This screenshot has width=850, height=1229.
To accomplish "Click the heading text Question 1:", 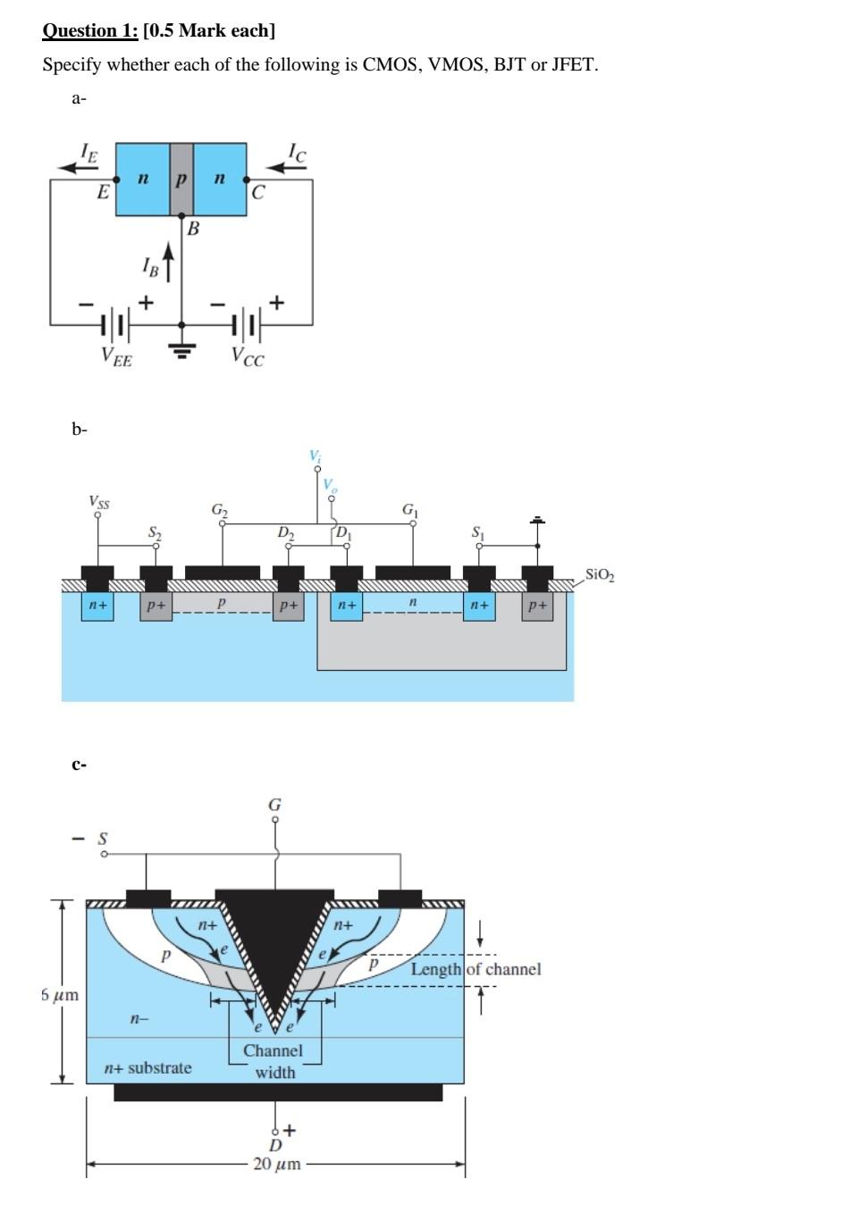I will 90,31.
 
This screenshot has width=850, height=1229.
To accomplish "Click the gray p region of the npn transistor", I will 181,179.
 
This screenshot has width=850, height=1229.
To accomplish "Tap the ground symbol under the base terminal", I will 182,350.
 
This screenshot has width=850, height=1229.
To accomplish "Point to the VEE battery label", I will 116,358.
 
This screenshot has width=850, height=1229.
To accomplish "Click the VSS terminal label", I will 99,503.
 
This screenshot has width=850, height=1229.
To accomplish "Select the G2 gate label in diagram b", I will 220,509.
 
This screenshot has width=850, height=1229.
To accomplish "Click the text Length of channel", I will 475,969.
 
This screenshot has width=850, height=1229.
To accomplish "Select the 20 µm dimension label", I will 276,1164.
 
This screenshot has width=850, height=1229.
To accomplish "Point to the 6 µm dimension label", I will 60,994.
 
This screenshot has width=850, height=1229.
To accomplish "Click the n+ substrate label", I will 147,1068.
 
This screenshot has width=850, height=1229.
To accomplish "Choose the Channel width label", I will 274,1061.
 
